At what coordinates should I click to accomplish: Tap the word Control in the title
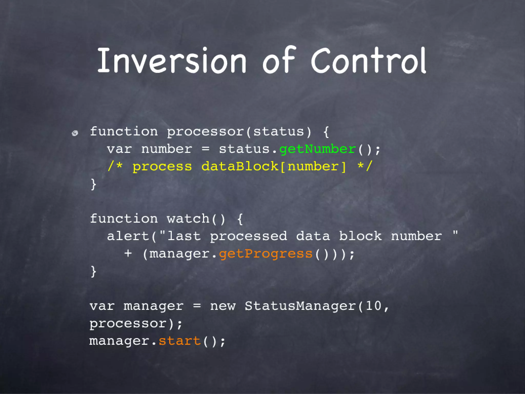368,61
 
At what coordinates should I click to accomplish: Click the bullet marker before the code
75,133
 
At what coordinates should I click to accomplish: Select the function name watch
188,219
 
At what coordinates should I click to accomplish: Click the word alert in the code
128,236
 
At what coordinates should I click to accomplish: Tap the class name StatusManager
300,306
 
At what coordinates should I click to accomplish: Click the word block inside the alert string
360,236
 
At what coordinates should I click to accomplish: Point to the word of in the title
279,61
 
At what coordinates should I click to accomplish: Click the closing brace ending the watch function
94,271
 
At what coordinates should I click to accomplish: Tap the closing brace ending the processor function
94,184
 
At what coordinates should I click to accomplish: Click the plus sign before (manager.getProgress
128,254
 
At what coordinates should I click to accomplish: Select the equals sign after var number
205,149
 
